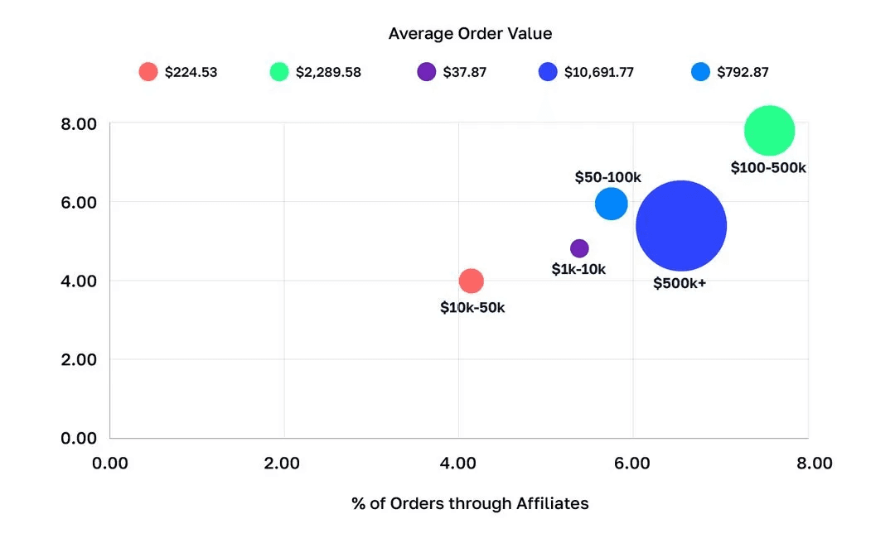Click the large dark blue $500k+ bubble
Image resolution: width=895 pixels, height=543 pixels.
(x=681, y=226)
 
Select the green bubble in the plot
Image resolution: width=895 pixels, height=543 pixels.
(x=769, y=131)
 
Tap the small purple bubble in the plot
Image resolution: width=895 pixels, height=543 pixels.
(x=579, y=248)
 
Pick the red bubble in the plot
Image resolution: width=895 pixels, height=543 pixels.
(x=471, y=281)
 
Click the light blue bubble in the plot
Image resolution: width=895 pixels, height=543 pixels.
(x=611, y=203)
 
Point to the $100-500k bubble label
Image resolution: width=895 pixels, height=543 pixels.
(x=768, y=167)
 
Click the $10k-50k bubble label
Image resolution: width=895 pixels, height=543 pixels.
(x=472, y=307)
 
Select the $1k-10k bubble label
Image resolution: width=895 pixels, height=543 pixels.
(x=579, y=269)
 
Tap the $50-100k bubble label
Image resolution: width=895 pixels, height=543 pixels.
(x=608, y=177)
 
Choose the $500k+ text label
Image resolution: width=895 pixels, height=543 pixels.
(x=680, y=283)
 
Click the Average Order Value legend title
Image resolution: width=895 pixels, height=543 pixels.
(x=470, y=34)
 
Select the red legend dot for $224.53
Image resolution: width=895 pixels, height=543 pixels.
(x=148, y=72)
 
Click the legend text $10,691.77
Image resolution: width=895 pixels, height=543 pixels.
(x=599, y=72)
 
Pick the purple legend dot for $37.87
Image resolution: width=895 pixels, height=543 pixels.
(x=427, y=72)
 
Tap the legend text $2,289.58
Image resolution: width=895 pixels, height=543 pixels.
(x=328, y=72)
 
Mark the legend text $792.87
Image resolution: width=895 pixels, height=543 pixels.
(x=733, y=72)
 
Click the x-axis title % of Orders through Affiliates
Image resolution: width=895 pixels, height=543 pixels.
(x=470, y=503)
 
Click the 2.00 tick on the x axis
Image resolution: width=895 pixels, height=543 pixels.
(x=282, y=464)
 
